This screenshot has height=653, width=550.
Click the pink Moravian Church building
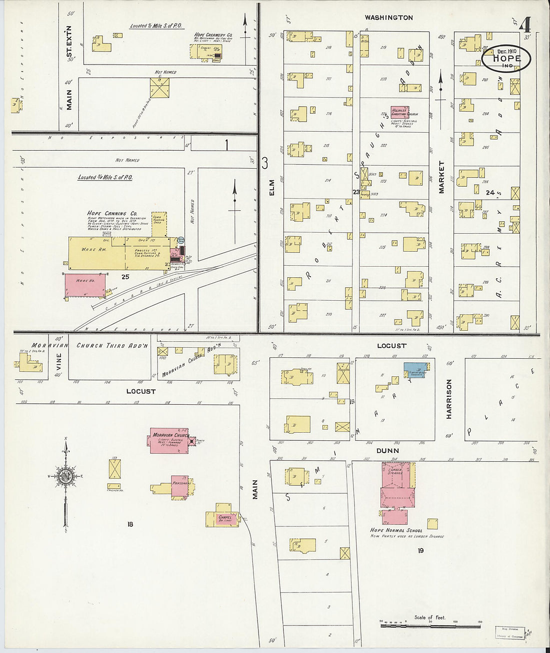[169, 440]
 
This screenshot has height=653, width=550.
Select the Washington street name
[388, 18]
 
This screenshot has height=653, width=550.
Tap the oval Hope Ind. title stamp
[506, 58]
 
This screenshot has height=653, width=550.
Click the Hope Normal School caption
[396, 530]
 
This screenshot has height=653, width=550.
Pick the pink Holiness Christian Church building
[399, 112]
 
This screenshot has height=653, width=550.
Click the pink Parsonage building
[179, 486]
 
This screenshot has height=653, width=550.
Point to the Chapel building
[223, 519]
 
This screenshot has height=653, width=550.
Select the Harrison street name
[448, 399]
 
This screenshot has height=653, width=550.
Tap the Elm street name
[272, 187]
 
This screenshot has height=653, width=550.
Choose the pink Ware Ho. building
[85, 285]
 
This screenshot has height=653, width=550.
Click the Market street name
[441, 177]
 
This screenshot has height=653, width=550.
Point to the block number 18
[130, 524]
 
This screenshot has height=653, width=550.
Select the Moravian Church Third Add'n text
[112, 345]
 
